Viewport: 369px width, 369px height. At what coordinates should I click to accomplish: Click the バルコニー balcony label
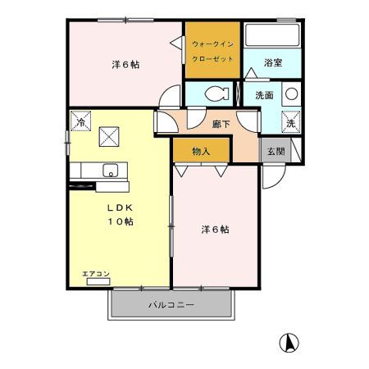click(x=171, y=305)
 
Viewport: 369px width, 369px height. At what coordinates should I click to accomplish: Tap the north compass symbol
click(x=289, y=342)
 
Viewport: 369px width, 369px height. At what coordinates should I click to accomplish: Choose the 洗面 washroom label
click(x=264, y=94)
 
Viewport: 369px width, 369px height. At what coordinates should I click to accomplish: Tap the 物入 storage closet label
click(x=201, y=151)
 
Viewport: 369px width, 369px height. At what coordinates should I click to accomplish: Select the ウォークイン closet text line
click(x=212, y=43)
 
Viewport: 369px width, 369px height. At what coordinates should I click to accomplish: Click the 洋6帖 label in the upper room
click(x=124, y=64)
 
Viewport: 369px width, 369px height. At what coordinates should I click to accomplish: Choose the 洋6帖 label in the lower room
click(x=215, y=230)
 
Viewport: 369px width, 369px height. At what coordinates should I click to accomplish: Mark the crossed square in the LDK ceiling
click(x=109, y=136)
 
